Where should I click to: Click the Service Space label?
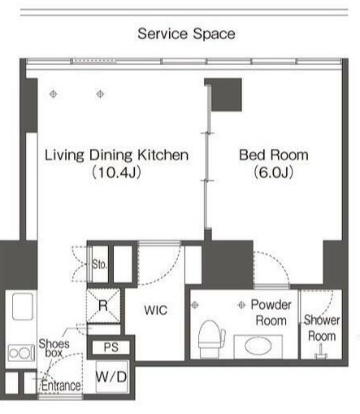pyautogui.click(x=186, y=34)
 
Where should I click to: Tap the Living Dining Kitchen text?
pyautogui.click(x=116, y=155)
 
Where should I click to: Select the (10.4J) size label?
pyautogui.click(x=116, y=172)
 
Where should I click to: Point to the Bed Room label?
pyautogui.click(x=274, y=155)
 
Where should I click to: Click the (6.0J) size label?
pyautogui.click(x=274, y=172)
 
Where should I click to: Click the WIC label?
pyautogui.click(x=155, y=310)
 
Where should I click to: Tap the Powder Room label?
pyautogui.click(x=271, y=312)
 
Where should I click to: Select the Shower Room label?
pyautogui.click(x=322, y=328)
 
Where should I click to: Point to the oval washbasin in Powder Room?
pyautogui.click(x=258, y=346)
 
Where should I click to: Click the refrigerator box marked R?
pyautogui.click(x=103, y=306)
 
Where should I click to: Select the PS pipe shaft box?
pyautogui.click(x=111, y=347)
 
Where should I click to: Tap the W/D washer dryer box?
pyautogui.click(x=111, y=377)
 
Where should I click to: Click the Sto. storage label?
pyautogui.click(x=99, y=264)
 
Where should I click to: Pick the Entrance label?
pyautogui.click(x=61, y=386)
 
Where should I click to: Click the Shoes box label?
pyautogui.click(x=54, y=348)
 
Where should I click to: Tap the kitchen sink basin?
pyautogui.click(x=23, y=307)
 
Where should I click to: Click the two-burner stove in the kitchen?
pyautogui.click(x=21, y=353)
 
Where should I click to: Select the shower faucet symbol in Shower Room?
pyautogui.click(x=320, y=351)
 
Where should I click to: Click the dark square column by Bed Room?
pyautogui.click(x=227, y=94)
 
